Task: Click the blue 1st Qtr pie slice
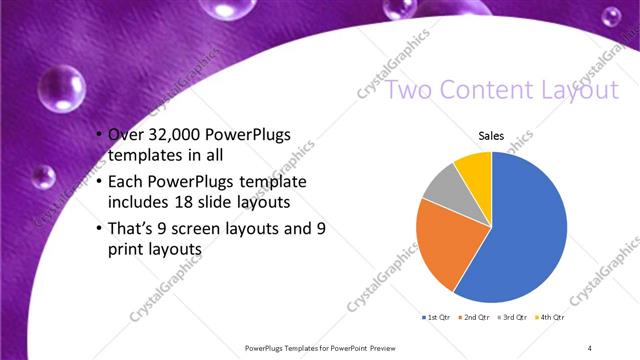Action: [520, 235]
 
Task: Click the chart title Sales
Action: [490, 134]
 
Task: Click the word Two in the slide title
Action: [410, 91]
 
